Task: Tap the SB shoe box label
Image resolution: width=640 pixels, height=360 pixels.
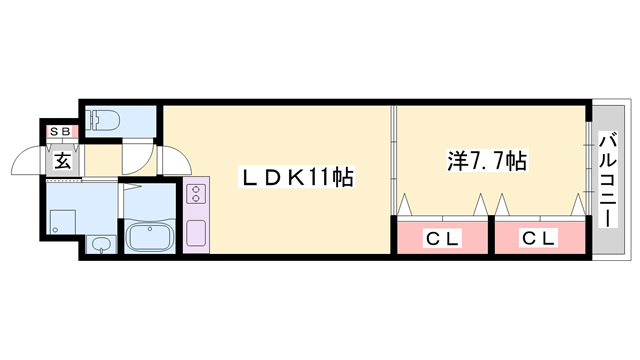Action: [x=60, y=131]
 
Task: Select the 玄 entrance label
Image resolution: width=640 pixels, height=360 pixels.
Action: [x=62, y=160]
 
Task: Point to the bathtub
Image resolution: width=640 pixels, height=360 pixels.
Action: [x=150, y=237]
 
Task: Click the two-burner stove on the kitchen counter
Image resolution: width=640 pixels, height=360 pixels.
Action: [x=196, y=193]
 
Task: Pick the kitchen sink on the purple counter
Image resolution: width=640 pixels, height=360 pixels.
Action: [x=196, y=233]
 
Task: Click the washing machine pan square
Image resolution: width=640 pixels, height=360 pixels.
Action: [x=63, y=223]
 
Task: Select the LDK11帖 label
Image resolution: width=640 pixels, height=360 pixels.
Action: [x=297, y=177]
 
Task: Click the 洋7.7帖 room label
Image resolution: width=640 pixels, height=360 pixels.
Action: [x=487, y=161]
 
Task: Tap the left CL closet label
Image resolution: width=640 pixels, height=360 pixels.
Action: [x=442, y=238]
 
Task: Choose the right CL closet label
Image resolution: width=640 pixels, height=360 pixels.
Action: [x=539, y=238]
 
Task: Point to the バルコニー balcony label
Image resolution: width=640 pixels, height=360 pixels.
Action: [x=608, y=180]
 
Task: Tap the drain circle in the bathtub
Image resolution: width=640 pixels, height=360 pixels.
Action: [x=150, y=229]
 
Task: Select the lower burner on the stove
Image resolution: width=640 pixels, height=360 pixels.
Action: [x=196, y=198]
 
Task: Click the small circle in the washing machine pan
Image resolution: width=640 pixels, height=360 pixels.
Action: [x=55, y=231]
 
